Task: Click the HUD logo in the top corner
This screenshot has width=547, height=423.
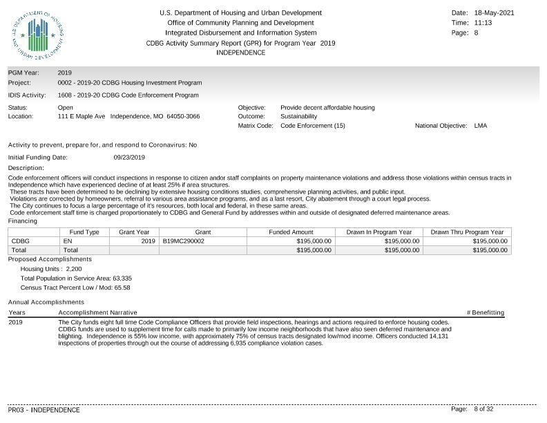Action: pyautogui.click(x=37, y=35)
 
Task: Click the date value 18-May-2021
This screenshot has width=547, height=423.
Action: pyautogui.click(x=495, y=13)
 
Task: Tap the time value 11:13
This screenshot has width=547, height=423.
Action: pyautogui.click(x=483, y=23)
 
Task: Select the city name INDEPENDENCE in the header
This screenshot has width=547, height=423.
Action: pyautogui.click(x=240, y=53)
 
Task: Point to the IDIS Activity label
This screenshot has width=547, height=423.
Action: pyautogui.click(x=27, y=95)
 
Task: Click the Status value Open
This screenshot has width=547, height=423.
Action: pyautogui.click(x=66, y=108)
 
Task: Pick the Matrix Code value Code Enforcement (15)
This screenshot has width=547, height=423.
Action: pyautogui.click(x=312, y=126)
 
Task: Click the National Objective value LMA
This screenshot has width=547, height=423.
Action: pyautogui.click(x=481, y=126)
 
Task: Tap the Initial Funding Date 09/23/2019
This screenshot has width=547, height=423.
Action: pyautogui.click(x=129, y=158)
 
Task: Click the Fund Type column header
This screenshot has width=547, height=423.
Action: pyautogui.click(x=84, y=232)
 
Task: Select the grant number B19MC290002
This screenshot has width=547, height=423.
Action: pyautogui.click(x=184, y=241)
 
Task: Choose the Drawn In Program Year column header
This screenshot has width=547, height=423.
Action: pyautogui.click(x=378, y=232)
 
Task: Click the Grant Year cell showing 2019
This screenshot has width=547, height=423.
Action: pyautogui.click(x=148, y=241)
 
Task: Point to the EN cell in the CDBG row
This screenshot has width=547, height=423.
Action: pyautogui.click(x=67, y=241)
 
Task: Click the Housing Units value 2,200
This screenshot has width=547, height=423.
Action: pyautogui.click(x=74, y=269)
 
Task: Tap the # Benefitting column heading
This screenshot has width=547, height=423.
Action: pyautogui.click(x=486, y=313)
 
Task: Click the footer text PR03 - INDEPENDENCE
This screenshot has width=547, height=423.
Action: pyautogui.click(x=44, y=410)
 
